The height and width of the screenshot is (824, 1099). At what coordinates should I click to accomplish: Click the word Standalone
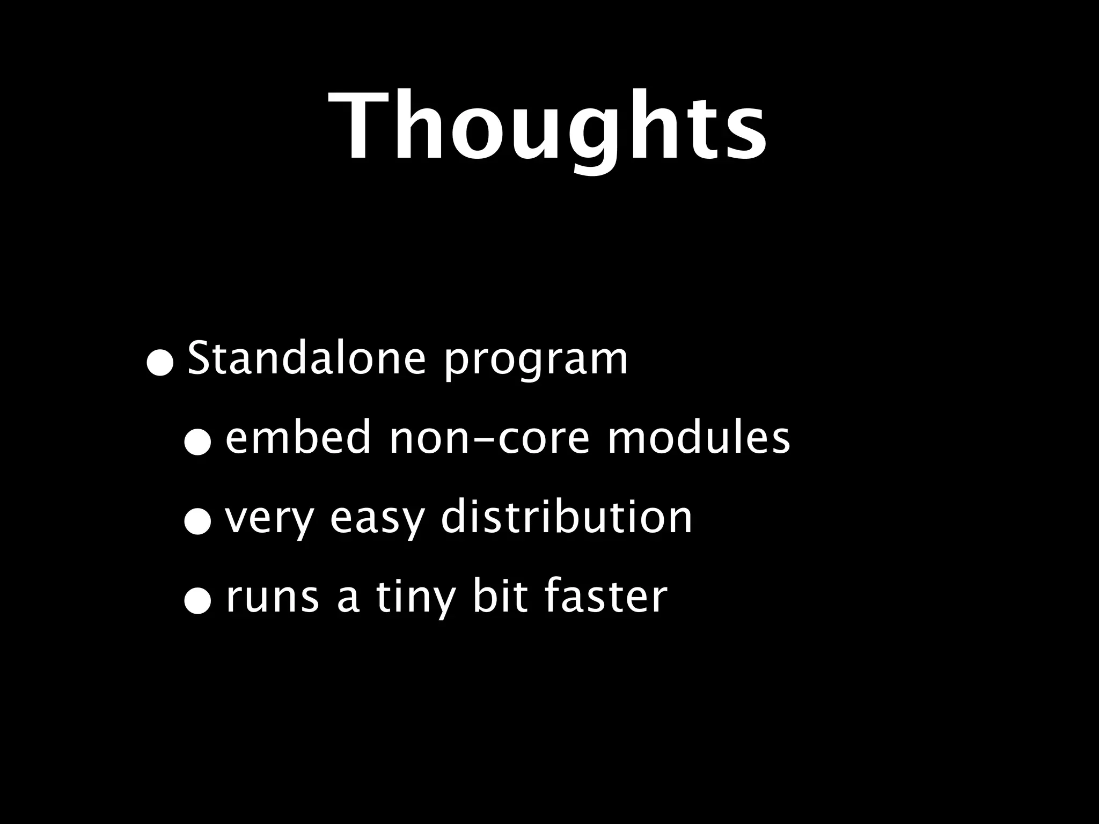pyautogui.click(x=306, y=359)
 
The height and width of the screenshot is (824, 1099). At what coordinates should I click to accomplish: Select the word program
pyautogui.click(x=535, y=360)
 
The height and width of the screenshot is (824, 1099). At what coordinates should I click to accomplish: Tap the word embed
pyautogui.click(x=298, y=438)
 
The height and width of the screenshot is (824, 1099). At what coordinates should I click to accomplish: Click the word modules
pyautogui.click(x=698, y=438)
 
